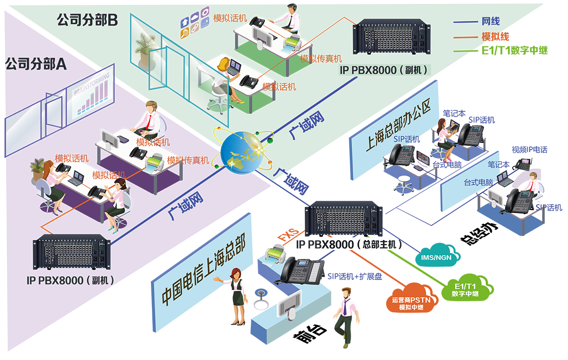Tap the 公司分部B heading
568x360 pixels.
[87, 20]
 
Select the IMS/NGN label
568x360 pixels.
[436, 258]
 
